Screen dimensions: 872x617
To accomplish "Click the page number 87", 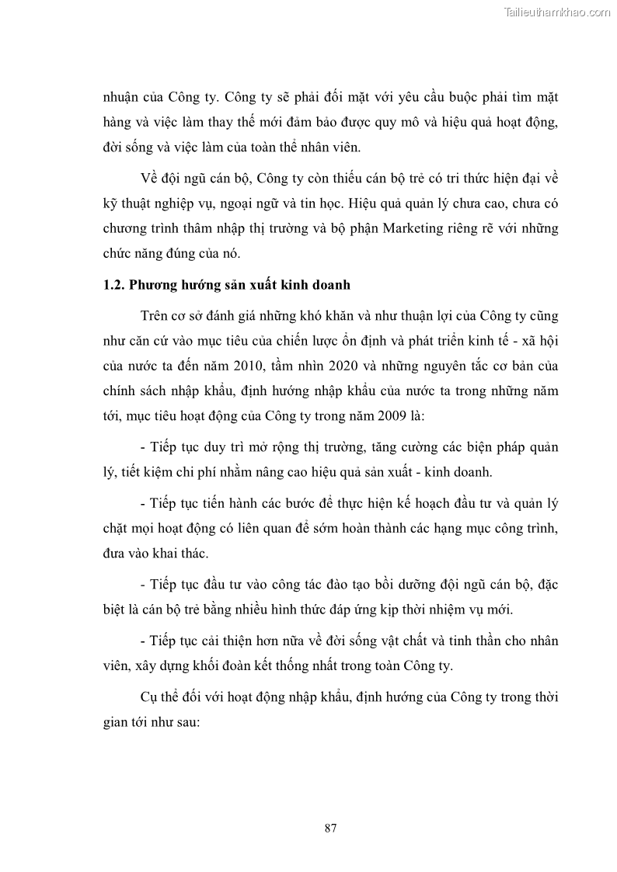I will [330, 828].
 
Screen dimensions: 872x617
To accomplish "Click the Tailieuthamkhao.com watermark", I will [557, 12].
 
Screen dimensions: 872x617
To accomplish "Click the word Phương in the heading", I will [154, 285].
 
